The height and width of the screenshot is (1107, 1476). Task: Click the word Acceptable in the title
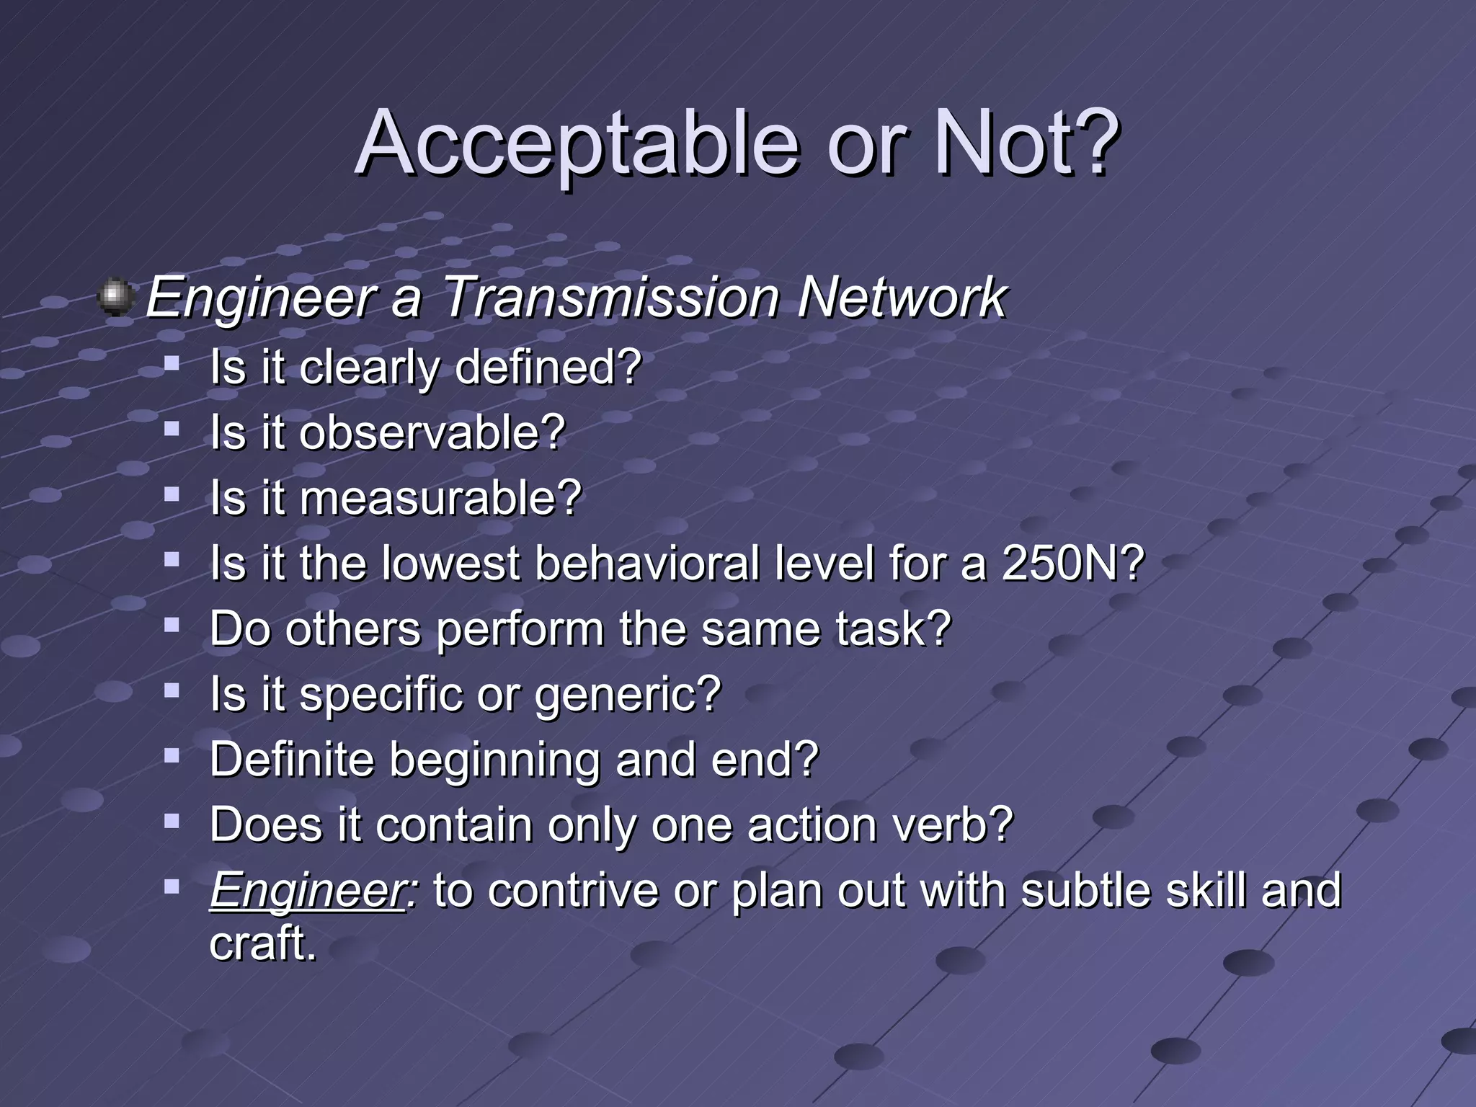coord(577,144)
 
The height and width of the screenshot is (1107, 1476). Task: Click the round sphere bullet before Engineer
coord(115,298)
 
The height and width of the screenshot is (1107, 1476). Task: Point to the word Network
coord(902,297)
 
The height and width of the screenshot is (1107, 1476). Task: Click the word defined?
coord(548,367)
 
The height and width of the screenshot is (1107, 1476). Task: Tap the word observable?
coord(432,432)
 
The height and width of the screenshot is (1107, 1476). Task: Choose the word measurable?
coord(440,498)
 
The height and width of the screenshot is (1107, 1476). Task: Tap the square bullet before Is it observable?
coord(172,430)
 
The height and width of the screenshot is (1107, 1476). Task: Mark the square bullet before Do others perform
coord(172,626)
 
